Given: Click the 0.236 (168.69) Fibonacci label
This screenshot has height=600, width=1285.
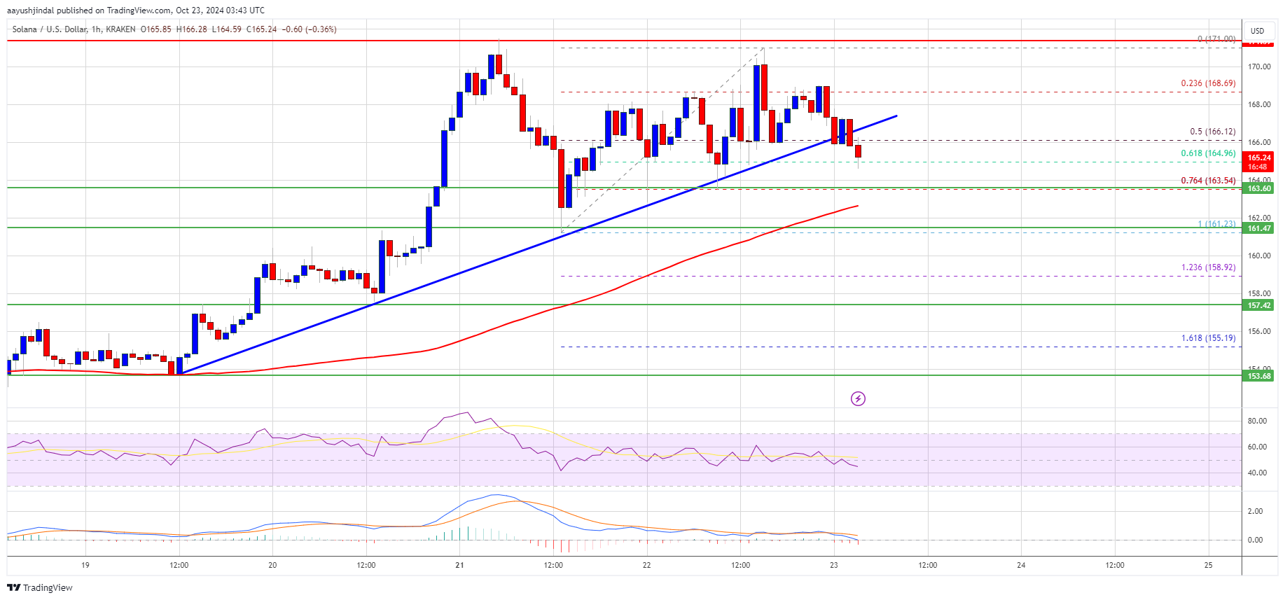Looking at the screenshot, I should click(x=1208, y=83).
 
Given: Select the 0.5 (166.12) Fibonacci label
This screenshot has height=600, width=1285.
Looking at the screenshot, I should click(x=1212, y=132).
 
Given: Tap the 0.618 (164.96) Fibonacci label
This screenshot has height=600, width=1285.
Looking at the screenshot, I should click(x=1208, y=153).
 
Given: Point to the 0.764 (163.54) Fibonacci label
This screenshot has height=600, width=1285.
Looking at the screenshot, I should click(x=1208, y=181).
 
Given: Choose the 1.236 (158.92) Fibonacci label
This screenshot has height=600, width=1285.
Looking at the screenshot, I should click(x=1208, y=267).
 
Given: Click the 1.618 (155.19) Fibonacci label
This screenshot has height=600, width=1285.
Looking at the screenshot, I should click(x=1208, y=338).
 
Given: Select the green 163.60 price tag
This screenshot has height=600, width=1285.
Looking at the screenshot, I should click(x=1258, y=188).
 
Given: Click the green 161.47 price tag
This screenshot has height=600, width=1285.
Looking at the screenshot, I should click(x=1258, y=228).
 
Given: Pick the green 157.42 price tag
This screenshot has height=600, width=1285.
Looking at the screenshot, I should click(x=1258, y=305).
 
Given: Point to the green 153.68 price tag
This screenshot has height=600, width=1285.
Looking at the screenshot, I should click(x=1258, y=376).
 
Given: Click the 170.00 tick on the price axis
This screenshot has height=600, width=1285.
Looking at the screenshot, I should click(x=1258, y=67).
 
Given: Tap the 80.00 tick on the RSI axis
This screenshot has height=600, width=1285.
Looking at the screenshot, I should click(x=1257, y=421).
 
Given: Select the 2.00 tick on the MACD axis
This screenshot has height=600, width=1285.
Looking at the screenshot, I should click(x=1255, y=511).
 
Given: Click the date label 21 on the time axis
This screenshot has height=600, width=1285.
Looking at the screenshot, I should click(x=459, y=565).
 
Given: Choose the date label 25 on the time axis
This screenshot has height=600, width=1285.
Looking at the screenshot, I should click(x=1209, y=565).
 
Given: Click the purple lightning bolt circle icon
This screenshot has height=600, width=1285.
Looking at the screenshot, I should click(x=858, y=398).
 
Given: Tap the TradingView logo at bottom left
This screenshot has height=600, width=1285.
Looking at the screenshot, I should click(x=40, y=587).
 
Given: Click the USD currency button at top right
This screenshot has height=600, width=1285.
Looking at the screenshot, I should click(x=1258, y=31).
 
